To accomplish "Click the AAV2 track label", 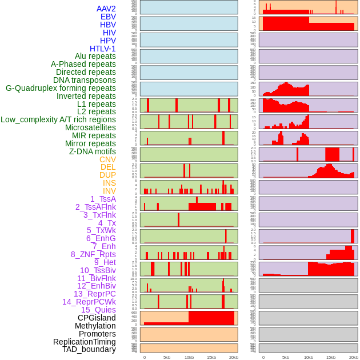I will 106,9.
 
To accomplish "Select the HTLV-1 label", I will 102,49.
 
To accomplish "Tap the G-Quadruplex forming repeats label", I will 61,88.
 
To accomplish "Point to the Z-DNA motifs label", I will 92,151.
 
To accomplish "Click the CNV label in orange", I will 107,159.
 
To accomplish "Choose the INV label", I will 109,191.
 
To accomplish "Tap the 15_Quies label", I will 98,310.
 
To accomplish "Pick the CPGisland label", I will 97,318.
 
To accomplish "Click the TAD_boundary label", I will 89,349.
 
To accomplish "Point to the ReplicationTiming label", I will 84,342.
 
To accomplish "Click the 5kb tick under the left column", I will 167,357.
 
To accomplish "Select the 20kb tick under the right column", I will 354,357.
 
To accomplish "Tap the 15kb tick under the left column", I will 211,357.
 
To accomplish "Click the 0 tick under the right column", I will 263,357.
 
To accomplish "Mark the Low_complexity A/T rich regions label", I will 58,119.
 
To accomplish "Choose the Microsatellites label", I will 90,127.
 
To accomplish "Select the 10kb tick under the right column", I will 309,357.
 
